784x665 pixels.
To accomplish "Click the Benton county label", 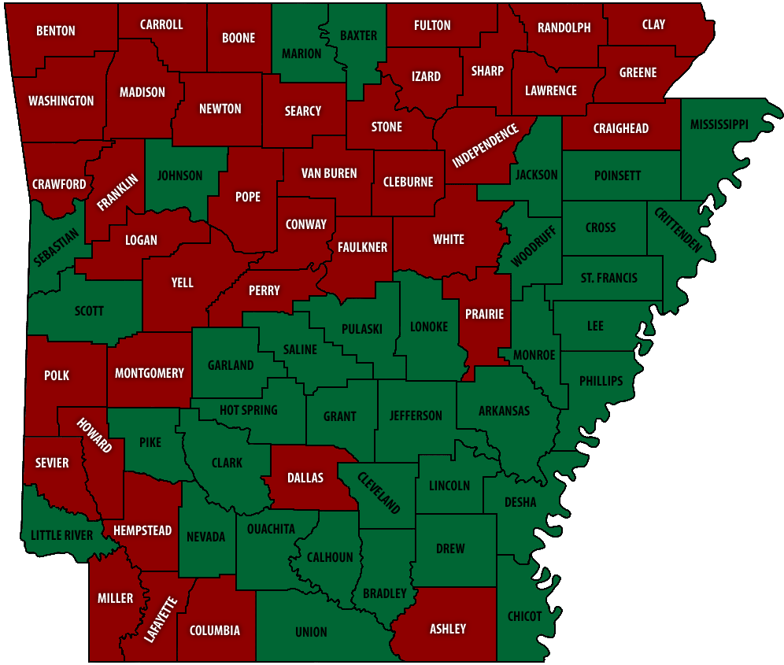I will pyautogui.click(x=56, y=31).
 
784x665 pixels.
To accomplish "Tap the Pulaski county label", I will pyautogui.click(x=362, y=329).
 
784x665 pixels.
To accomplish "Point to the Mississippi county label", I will pyautogui.click(x=718, y=124).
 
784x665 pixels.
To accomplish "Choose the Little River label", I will pyautogui.click(x=61, y=535).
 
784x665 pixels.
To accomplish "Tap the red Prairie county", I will pyautogui.click(x=484, y=315).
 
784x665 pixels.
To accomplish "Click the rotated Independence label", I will pyautogui.click(x=486, y=146).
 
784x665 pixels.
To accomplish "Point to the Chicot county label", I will pyautogui.click(x=525, y=616).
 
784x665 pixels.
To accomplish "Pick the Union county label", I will pyautogui.click(x=311, y=632).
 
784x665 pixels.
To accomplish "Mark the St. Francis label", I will pyautogui.click(x=609, y=278).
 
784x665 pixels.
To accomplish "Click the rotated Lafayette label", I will pyautogui.click(x=161, y=621).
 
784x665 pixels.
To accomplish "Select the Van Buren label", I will pyautogui.click(x=329, y=173).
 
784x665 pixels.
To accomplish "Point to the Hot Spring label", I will pyautogui.click(x=248, y=410).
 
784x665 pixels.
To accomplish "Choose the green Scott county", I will pyautogui.click(x=89, y=311).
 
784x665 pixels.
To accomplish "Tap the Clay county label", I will pyautogui.click(x=653, y=24).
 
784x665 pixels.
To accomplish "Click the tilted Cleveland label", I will pyautogui.click(x=379, y=493).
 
